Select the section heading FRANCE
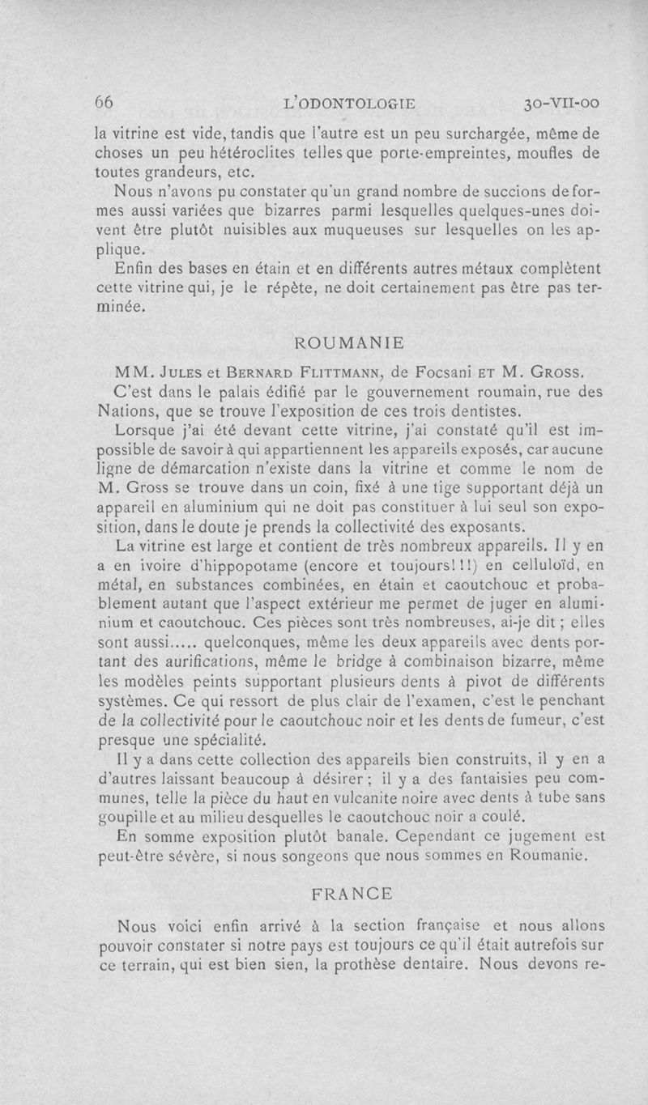351,894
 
